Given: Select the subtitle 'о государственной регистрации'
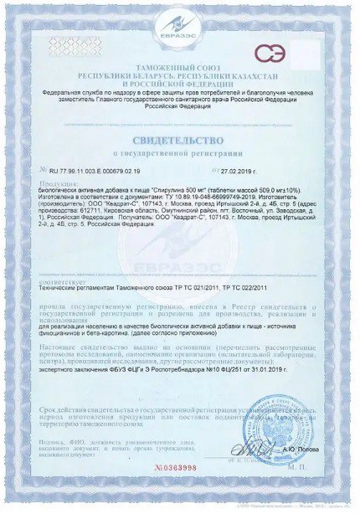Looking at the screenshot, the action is pos(179,155).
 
